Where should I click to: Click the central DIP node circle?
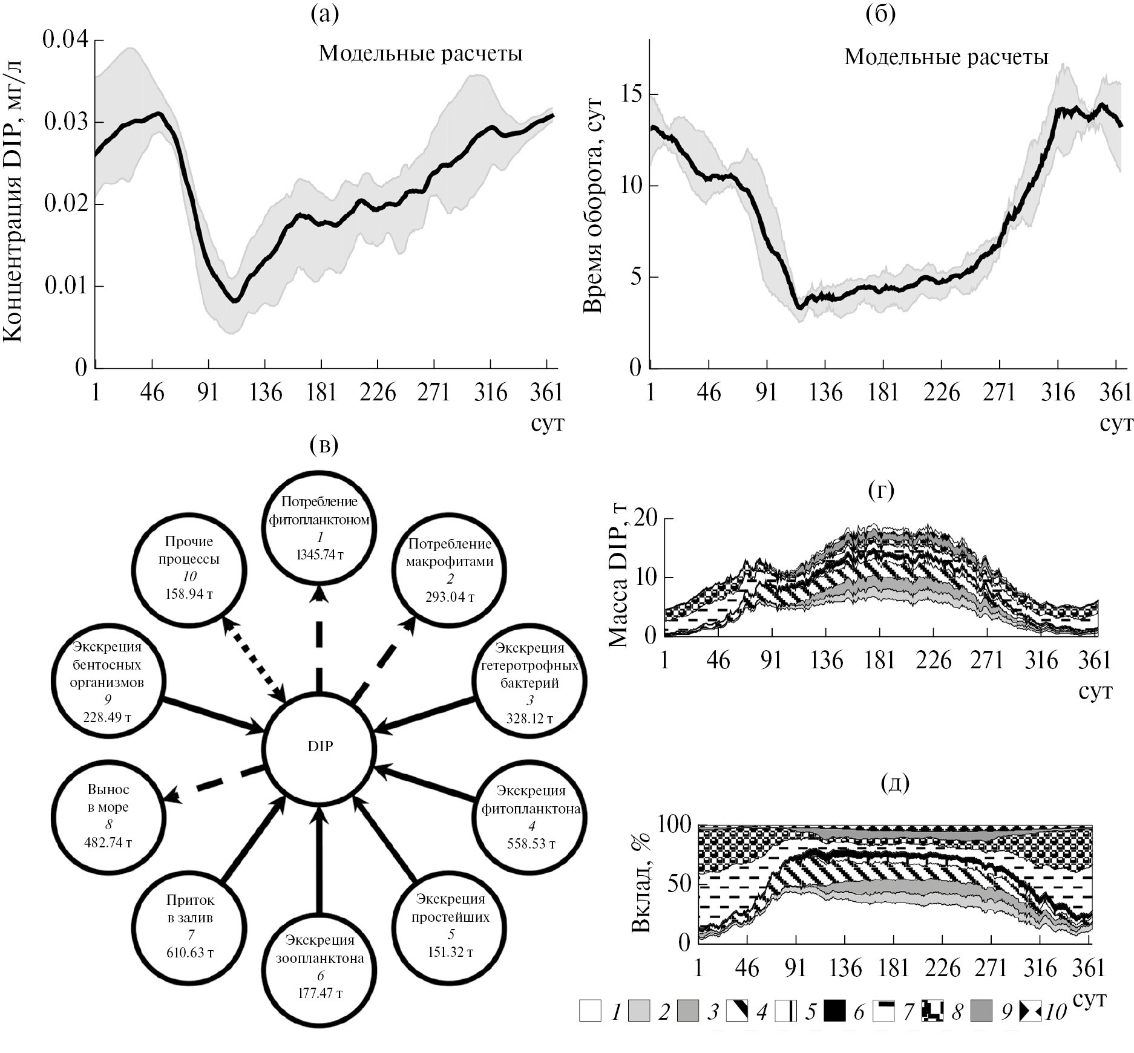(x=320, y=746)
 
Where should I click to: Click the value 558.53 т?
(x=531, y=844)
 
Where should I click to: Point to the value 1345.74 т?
(x=320, y=555)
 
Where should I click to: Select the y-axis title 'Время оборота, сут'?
(x=593, y=206)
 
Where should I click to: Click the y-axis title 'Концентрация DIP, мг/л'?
(x=13, y=200)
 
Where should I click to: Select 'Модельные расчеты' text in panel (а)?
(x=421, y=54)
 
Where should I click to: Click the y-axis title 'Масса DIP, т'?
(x=618, y=577)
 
